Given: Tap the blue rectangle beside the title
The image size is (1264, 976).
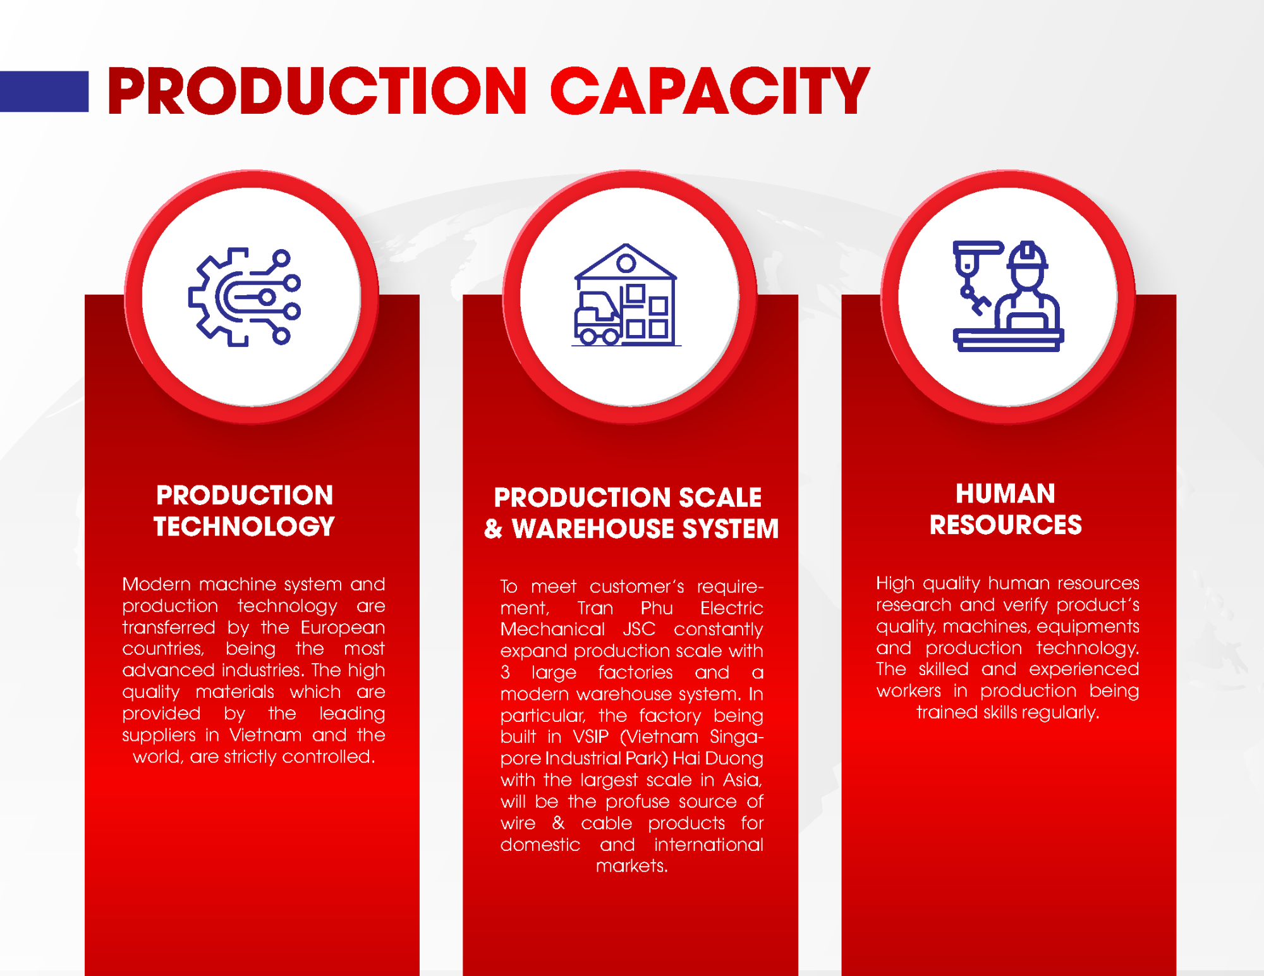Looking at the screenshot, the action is tap(44, 91).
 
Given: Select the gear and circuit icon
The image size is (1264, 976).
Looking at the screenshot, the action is tap(245, 296).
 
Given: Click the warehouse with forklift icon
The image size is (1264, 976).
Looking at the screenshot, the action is tap(626, 295).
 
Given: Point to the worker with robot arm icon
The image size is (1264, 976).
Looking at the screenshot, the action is tap(1008, 296).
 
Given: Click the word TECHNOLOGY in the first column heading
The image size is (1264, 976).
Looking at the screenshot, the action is tap(244, 527).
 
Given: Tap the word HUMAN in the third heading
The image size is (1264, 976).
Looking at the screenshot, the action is tap(1006, 494).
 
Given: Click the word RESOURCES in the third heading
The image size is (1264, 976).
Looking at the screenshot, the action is tap(1006, 525).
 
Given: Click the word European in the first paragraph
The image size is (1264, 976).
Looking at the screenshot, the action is tap(343, 628).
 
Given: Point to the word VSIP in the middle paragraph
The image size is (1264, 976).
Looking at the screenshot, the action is tap(590, 737).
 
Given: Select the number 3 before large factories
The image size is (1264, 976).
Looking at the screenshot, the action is tap(505, 673).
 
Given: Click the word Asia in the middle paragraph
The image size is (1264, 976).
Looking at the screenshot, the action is tap(742, 780).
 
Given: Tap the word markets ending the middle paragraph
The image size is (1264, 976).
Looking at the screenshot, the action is tap(631, 866).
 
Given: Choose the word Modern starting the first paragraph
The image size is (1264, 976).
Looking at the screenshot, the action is tap(156, 584).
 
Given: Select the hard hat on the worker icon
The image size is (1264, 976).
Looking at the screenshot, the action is tap(1028, 255).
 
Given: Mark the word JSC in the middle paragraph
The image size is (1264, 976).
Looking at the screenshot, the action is tap(639, 630).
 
